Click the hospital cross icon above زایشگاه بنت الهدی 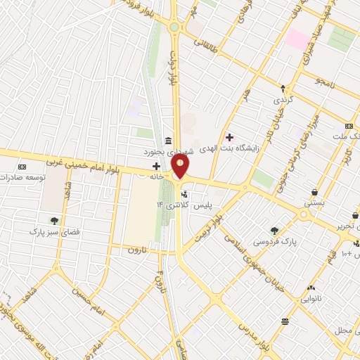(229, 136)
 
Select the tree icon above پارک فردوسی (274, 230)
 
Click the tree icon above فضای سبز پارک (54, 221)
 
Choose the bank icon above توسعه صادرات (22, 167)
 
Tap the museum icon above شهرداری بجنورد (167, 140)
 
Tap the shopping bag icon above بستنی (314, 191)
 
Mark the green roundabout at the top (174, 27)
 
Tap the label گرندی (285, 101)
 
